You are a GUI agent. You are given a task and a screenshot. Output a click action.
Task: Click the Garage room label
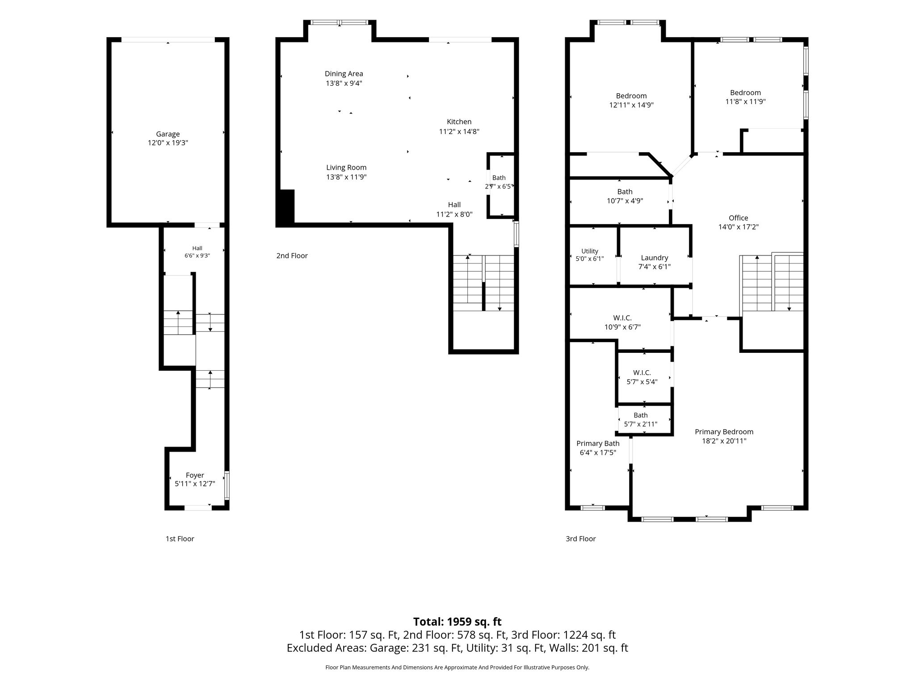[x=168, y=134]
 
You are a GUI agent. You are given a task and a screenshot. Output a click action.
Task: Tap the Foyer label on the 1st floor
[x=195, y=475]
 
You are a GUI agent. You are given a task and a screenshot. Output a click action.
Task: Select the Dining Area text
[x=344, y=74]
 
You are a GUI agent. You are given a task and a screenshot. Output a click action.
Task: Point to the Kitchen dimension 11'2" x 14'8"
[x=459, y=131]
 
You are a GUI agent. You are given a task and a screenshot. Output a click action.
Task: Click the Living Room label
[x=346, y=167]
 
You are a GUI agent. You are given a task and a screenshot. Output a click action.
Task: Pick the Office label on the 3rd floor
[x=739, y=218]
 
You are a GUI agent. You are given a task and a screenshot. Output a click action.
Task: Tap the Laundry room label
[x=655, y=258]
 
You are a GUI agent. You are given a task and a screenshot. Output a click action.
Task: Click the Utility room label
[x=590, y=251]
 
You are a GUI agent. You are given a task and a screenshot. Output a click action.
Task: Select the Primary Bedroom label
[x=724, y=432]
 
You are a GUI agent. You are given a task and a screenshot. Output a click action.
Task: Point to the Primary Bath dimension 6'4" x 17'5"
[x=598, y=453]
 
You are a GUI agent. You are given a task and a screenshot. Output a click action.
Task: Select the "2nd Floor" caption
[x=292, y=255]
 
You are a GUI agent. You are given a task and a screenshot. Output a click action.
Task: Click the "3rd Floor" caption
[x=581, y=539]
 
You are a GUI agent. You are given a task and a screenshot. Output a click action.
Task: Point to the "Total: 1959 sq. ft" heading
[x=457, y=622]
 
